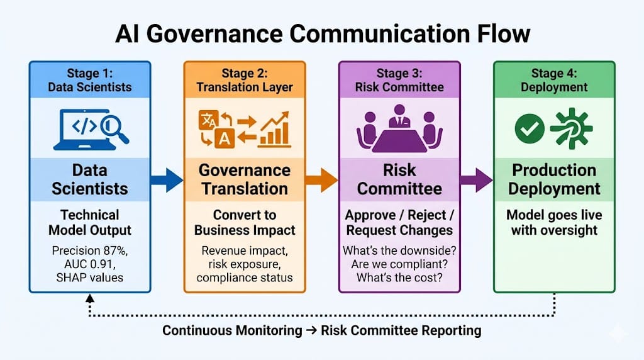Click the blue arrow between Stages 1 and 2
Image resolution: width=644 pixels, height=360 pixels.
pos(166,179)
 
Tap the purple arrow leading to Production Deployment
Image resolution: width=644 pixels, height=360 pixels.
pos(475,179)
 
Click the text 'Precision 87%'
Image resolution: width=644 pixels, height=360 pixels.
pos(89,250)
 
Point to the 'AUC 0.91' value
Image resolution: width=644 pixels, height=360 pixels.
pos(89,264)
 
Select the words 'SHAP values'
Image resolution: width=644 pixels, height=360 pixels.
pos(89,278)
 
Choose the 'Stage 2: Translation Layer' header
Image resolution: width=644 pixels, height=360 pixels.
pos(244,81)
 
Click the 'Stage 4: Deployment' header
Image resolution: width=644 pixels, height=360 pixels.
pos(554,81)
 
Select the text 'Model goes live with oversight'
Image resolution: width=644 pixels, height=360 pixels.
pos(554,222)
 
